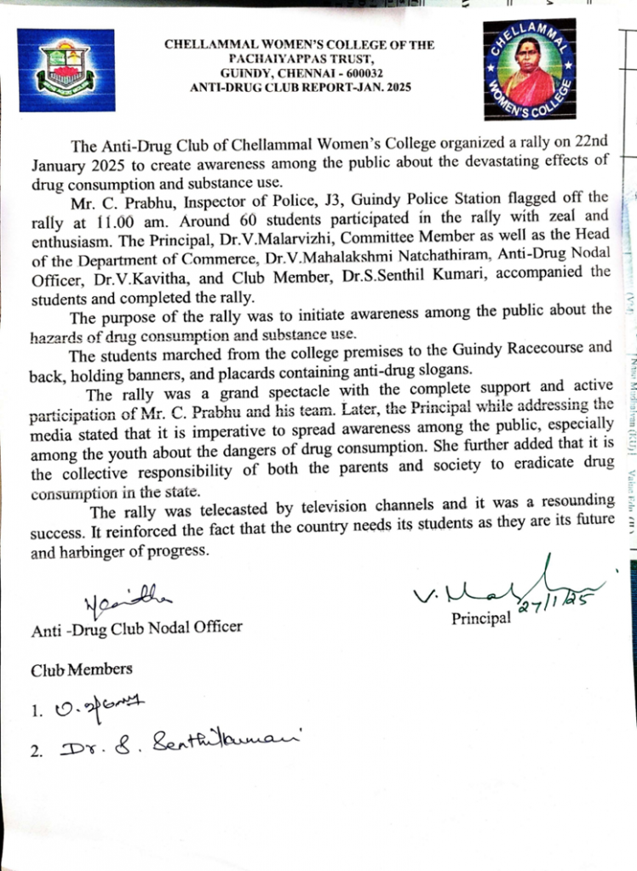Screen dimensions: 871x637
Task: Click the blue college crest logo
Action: pos(65,64)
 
